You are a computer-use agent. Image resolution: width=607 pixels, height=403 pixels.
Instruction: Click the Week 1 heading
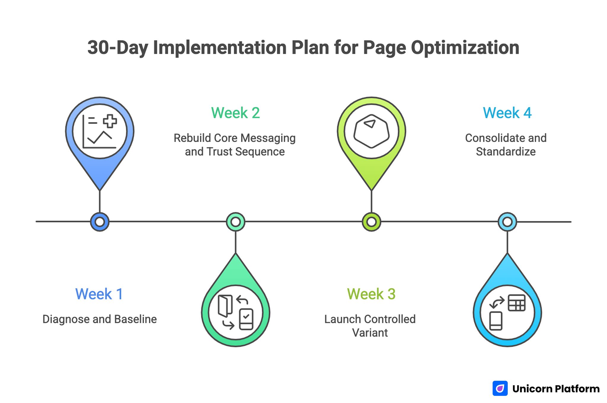99,294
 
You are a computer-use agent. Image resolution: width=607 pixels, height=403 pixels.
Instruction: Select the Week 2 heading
235,113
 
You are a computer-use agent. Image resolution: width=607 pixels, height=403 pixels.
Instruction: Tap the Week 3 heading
371,294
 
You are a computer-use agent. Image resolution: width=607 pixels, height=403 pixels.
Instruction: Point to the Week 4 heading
507,113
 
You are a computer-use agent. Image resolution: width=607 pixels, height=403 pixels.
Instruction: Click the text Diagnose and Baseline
100,319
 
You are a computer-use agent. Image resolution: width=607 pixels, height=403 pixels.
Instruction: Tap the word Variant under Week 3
370,333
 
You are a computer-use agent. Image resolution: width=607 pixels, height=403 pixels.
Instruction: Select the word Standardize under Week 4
506,152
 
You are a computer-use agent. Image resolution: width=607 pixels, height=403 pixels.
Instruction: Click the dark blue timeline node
100,222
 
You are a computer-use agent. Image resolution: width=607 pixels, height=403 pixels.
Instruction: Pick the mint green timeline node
235,222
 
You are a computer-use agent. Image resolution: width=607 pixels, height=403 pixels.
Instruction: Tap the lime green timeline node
371,222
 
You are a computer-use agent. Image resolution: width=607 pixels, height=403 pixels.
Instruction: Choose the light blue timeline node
507,222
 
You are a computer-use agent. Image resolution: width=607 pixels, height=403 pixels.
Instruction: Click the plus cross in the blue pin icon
110,121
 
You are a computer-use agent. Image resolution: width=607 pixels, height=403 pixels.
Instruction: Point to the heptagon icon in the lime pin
371,131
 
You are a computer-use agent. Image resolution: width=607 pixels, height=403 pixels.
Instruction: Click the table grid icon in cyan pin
517,303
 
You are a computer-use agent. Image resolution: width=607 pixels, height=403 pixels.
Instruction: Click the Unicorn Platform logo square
500,388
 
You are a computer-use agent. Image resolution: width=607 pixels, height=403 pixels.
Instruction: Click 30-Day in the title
117,48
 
